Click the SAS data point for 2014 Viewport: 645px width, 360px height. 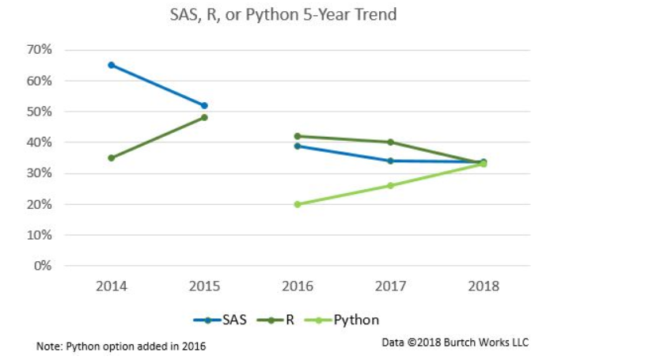112,65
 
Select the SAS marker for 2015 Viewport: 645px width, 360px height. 204,105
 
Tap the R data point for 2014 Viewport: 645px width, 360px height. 112,157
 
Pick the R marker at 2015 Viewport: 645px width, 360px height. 204,117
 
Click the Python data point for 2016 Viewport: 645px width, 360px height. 298,204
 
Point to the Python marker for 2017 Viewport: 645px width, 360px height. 390,186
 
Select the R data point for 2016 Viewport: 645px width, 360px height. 298,136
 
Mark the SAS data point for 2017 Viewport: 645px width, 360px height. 390,161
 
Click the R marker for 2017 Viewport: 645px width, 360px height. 390,142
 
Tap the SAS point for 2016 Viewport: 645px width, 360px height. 298,146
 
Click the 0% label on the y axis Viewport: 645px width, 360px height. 44,266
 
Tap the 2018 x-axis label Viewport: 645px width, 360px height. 484,286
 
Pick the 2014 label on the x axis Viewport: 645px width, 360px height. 112,286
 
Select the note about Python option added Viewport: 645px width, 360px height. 121,347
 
